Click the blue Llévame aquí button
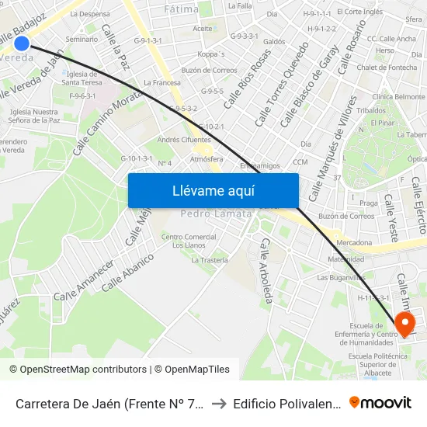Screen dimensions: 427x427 213,191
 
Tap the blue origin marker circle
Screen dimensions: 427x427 22,44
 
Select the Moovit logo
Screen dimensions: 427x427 380,402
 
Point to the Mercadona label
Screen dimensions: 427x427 376,243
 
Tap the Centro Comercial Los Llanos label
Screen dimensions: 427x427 188,241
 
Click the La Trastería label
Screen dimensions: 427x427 210,260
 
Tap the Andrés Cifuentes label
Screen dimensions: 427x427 185,140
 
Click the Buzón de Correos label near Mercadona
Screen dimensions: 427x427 346,216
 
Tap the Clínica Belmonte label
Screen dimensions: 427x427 399,96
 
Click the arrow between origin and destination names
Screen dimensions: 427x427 221,403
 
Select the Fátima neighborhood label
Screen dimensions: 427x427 181,9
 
